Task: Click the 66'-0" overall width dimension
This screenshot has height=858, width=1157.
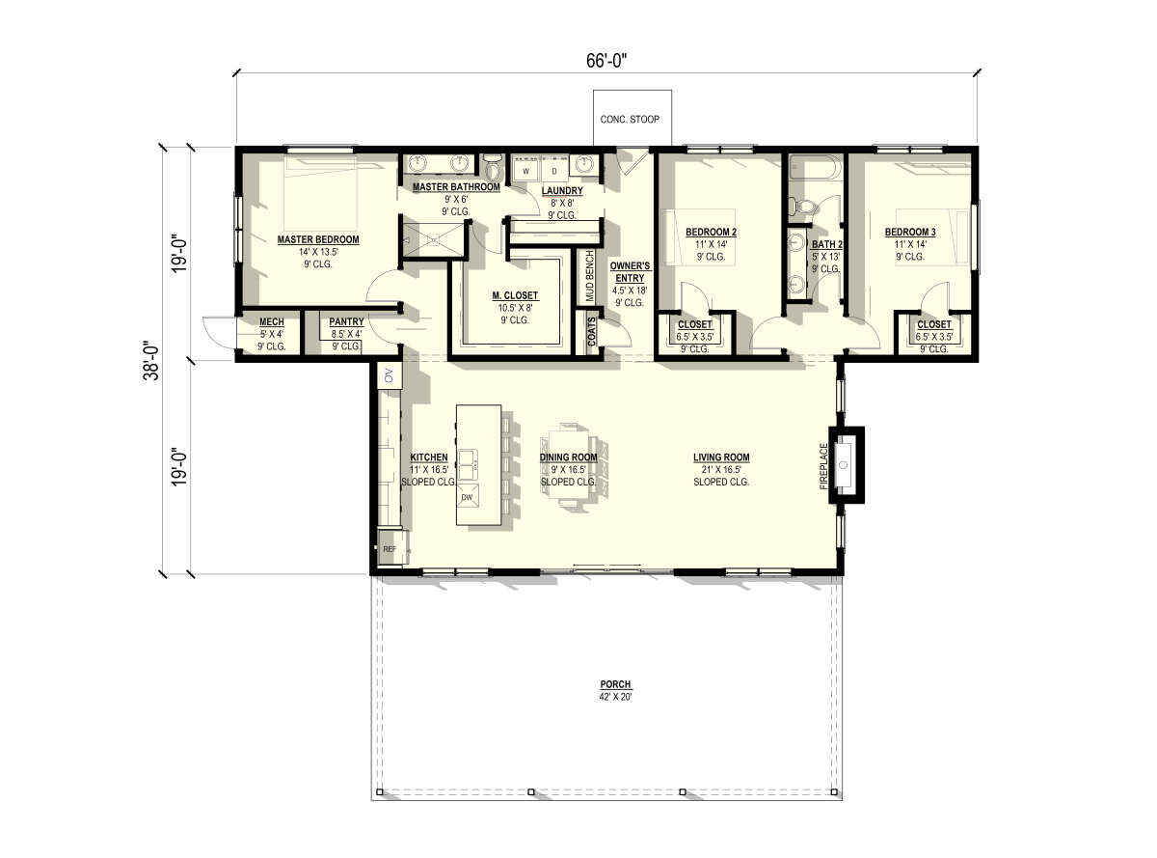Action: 605,61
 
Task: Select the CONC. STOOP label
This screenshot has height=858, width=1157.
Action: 629,119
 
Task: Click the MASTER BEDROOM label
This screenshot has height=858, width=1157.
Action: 317,239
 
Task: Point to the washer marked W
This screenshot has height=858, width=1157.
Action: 525,170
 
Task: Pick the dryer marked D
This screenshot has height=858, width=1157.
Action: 554,170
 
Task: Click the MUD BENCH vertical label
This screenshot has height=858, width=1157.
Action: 590,276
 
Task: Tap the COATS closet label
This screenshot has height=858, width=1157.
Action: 592,332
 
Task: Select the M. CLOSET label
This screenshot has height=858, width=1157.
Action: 515,295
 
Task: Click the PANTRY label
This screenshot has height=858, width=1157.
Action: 346,321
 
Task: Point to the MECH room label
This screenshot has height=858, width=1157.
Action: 272,321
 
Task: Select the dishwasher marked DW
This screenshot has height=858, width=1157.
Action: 468,497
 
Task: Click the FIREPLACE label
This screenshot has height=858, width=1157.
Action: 823,466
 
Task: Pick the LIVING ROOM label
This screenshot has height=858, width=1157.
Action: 721,457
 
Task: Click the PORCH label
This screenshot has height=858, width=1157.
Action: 615,684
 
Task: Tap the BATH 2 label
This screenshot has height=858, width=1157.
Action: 827,244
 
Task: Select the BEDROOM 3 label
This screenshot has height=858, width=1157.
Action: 910,232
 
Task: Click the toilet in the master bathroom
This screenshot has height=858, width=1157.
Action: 492,167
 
